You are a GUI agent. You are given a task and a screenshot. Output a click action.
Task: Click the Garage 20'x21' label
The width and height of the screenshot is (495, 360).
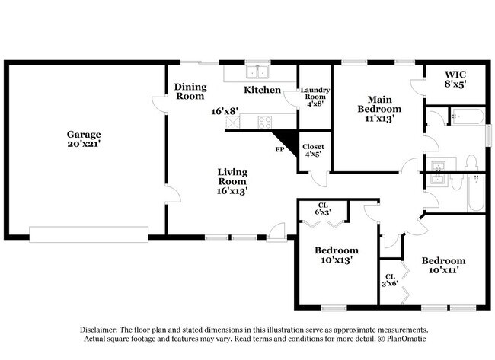(x=84, y=139)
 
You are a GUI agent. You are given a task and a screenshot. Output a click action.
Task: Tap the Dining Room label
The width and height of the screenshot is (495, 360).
(x=190, y=91)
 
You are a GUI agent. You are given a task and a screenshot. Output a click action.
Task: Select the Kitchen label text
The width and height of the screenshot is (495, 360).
(x=262, y=91)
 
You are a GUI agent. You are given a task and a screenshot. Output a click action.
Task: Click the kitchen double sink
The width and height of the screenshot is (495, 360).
(x=257, y=73)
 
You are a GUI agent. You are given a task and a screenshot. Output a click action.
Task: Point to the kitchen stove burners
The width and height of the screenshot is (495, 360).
(x=266, y=120)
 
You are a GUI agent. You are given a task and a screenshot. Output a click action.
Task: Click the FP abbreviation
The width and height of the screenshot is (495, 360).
(x=279, y=150)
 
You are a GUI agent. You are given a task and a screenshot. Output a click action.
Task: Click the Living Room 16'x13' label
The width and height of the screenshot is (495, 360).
(x=232, y=181)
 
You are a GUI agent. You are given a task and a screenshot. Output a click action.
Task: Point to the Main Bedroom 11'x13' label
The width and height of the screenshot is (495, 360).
(x=379, y=109)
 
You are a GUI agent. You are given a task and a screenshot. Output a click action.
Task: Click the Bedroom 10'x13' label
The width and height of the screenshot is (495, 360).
(x=336, y=255)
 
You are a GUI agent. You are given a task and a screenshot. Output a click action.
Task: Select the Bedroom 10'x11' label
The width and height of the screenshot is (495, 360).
(x=443, y=264)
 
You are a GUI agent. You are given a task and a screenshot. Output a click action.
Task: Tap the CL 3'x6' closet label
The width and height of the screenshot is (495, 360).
(x=390, y=280)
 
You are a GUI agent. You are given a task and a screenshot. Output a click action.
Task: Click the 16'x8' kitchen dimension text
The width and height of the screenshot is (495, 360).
(x=225, y=111)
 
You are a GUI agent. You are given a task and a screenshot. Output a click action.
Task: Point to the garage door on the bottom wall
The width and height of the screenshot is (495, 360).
(x=88, y=233)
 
